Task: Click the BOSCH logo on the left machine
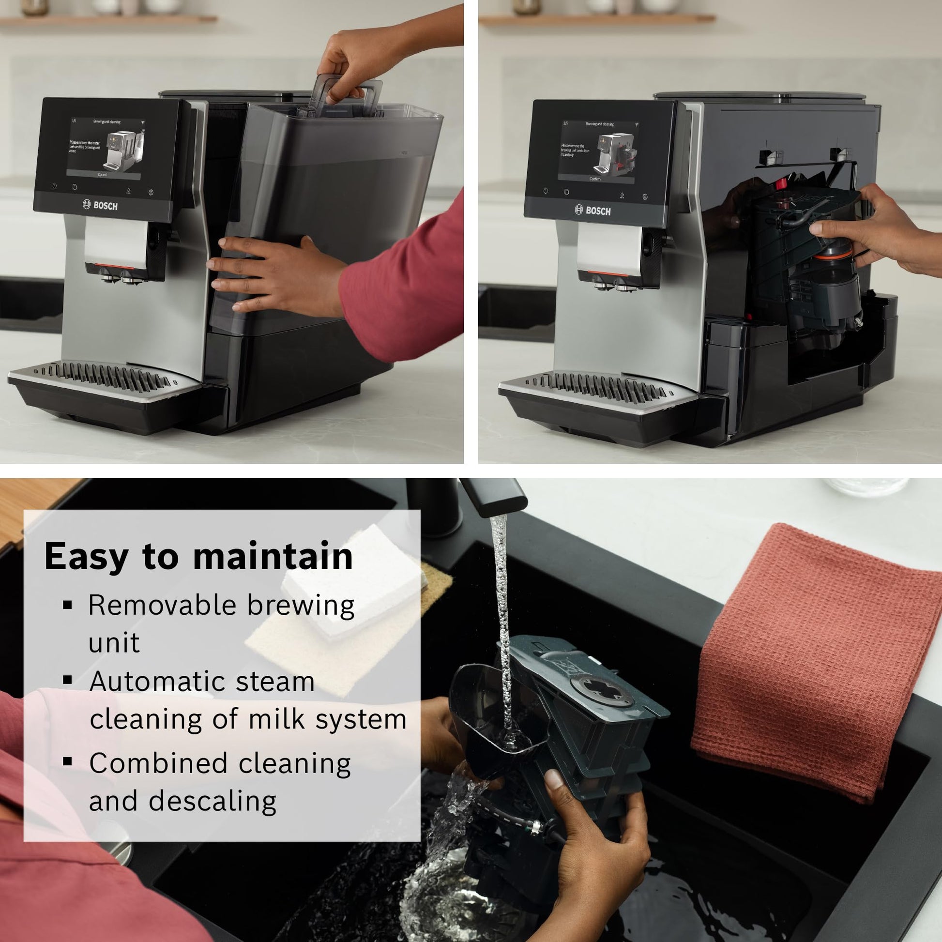[x=100, y=205]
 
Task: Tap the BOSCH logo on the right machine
[x=593, y=211]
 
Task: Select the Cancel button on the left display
[x=103, y=175]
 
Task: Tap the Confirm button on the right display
[x=595, y=179]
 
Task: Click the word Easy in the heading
[x=86, y=557]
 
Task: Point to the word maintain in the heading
[x=273, y=556]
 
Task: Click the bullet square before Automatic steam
[x=68, y=680]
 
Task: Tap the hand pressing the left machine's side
[x=273, y=273]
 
